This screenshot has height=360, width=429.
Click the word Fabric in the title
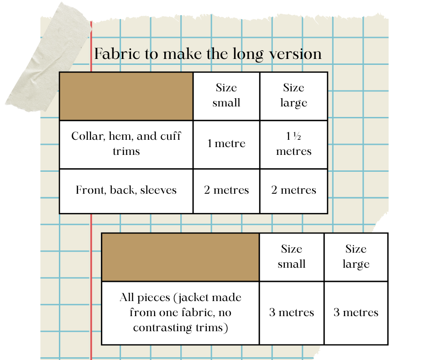pyautogui.click(x=111, y=54)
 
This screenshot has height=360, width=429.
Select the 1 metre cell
pyautogui.click(x=226, y=143)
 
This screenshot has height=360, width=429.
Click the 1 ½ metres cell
pyautogui.click(x=293, y=143)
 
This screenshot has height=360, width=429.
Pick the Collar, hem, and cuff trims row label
pyautogui.click(x=126, y=143)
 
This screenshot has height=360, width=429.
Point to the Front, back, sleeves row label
pyautogui.click(x=126, y=190)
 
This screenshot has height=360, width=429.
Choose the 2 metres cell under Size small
pyautogui.click(x=226, y=190)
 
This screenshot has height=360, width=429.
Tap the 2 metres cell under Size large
pyautogui.click(x=293, y=190)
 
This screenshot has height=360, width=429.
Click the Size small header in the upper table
pyautogui.click(x=226, y=95)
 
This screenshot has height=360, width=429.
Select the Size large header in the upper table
pyautogui.click(x=293, y=95)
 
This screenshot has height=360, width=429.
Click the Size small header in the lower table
pyautogui.click(x=292, y=256)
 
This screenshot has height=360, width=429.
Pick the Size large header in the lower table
pyautogui.click(x=356, y=256)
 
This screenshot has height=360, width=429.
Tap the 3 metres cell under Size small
pyautogui.click(x=292, y=312)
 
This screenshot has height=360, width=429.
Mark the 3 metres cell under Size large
pyautogui.click(x=356, y=312)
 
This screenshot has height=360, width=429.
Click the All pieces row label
pyautogui.click(x=180, y=312)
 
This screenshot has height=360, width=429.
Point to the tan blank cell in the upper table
pyautogui.click(x=126, y=96)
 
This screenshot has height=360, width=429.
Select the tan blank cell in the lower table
pyautogui.click(x=180, y=257)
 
